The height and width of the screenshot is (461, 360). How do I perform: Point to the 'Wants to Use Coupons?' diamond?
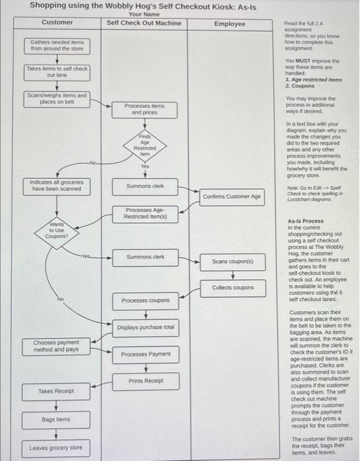click(x=55, y=231)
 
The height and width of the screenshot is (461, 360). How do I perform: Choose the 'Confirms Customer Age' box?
click(x=232, y=196)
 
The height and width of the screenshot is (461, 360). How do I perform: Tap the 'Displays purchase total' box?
click(x=145, y=327)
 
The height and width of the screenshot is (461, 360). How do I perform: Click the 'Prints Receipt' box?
click(x=145, y=381)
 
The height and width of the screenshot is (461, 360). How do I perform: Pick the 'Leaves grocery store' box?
click(x=56, y=448)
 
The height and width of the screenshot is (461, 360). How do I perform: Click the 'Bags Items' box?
click(x=56, y=419)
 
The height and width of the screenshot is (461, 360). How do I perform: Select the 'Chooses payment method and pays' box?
click(x=56, y=346)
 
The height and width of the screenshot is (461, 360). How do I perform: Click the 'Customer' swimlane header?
click(x=57, y=22)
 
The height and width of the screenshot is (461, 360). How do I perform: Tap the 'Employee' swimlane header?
click(x=230, y=24)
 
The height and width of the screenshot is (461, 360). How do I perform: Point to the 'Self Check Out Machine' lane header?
click(x=143, y=22)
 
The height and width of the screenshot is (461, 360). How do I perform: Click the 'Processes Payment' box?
click(x=145, y=354)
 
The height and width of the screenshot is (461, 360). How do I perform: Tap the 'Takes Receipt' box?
click(x=56, y=391)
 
